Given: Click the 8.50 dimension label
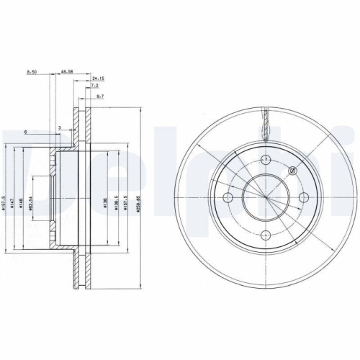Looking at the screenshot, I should point(32,72).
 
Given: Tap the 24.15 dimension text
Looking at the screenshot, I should point(99,78).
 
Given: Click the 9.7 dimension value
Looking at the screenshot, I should point(99,96).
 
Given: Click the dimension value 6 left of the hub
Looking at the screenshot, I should point(24,132).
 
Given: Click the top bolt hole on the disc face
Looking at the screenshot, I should point(264,158).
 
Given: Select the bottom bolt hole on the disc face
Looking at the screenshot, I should point(264,233).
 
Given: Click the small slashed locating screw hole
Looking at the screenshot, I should point(292,171).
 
